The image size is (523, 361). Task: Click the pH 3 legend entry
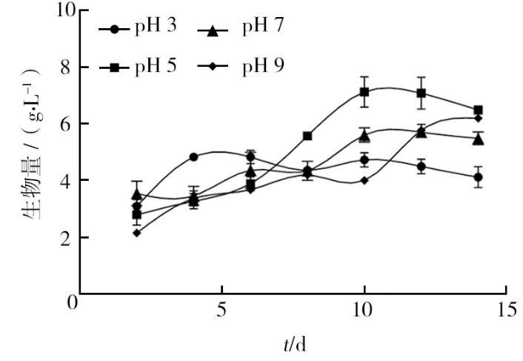141,30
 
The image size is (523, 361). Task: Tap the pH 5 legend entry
141,67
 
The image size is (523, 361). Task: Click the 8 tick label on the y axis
67,67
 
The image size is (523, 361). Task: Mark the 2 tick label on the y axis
67,238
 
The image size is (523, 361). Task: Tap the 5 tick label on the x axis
221,311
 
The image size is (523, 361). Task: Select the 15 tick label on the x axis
507,311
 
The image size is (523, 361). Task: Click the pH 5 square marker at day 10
364,92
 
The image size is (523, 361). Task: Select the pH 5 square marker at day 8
307,136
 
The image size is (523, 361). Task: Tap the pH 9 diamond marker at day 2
136,233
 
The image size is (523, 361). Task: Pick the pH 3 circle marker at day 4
193,157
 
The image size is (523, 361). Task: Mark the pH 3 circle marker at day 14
479,177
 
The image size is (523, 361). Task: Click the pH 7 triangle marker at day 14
479,139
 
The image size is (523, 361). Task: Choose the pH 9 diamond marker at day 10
364,180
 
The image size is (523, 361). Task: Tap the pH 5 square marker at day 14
479,110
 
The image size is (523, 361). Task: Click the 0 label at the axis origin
73,303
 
